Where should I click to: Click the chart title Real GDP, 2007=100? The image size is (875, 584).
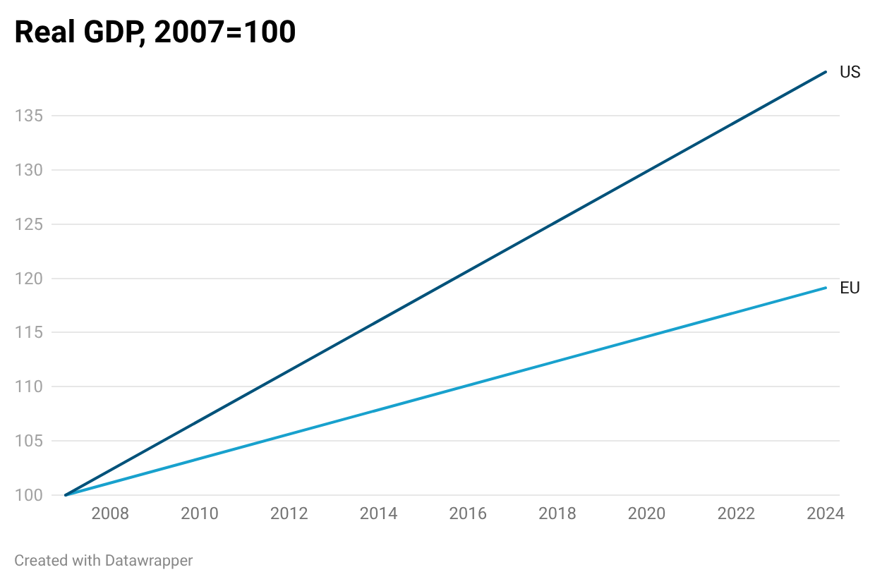pyautogui.click(x=155, y=32)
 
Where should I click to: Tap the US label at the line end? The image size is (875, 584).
pyautogui.click(x=850, y=72)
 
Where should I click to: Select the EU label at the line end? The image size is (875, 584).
pyautogui.click(x=850, y=288)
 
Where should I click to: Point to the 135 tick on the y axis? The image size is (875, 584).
pyautogui.click(x=29, y=116)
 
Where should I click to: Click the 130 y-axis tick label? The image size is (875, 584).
pyautogui.click(x=29, y=170)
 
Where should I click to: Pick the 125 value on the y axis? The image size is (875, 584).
pyautogui.click(x=29, y=224)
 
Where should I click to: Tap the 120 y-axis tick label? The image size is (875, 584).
pyautogui.click(x=29, y=279)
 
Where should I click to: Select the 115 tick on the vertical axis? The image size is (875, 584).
pyautogui.click(x=29, y=332)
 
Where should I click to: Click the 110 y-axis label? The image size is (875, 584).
pyautogui.click(x=29, y=387)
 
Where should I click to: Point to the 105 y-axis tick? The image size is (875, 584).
pyautogui.click(x=29, y=441)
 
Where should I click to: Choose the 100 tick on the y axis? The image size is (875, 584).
pyautogui.click(x=29, y=495)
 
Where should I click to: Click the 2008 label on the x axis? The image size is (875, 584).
pyautogui.click(x=110, y=513)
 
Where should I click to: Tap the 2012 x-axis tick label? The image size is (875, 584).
pyautogui.click(x=289, y=513)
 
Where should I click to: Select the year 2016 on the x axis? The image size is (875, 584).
pyautogui.click(x=468, y=513)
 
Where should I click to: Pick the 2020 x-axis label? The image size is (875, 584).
pyautogui.click(x=646, y=513)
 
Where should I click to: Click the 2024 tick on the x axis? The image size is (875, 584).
pyautogui.click(x=825, y=513)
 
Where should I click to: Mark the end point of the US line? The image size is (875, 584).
pyautogui.click(x=826, y=71)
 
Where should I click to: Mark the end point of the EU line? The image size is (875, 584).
pyautogui.click(x=826, y=287)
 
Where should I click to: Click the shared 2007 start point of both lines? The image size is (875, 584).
pyautogui.click(x=66, y=495)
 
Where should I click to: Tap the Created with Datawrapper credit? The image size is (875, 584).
pyautogui.click(x=104, y=561)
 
